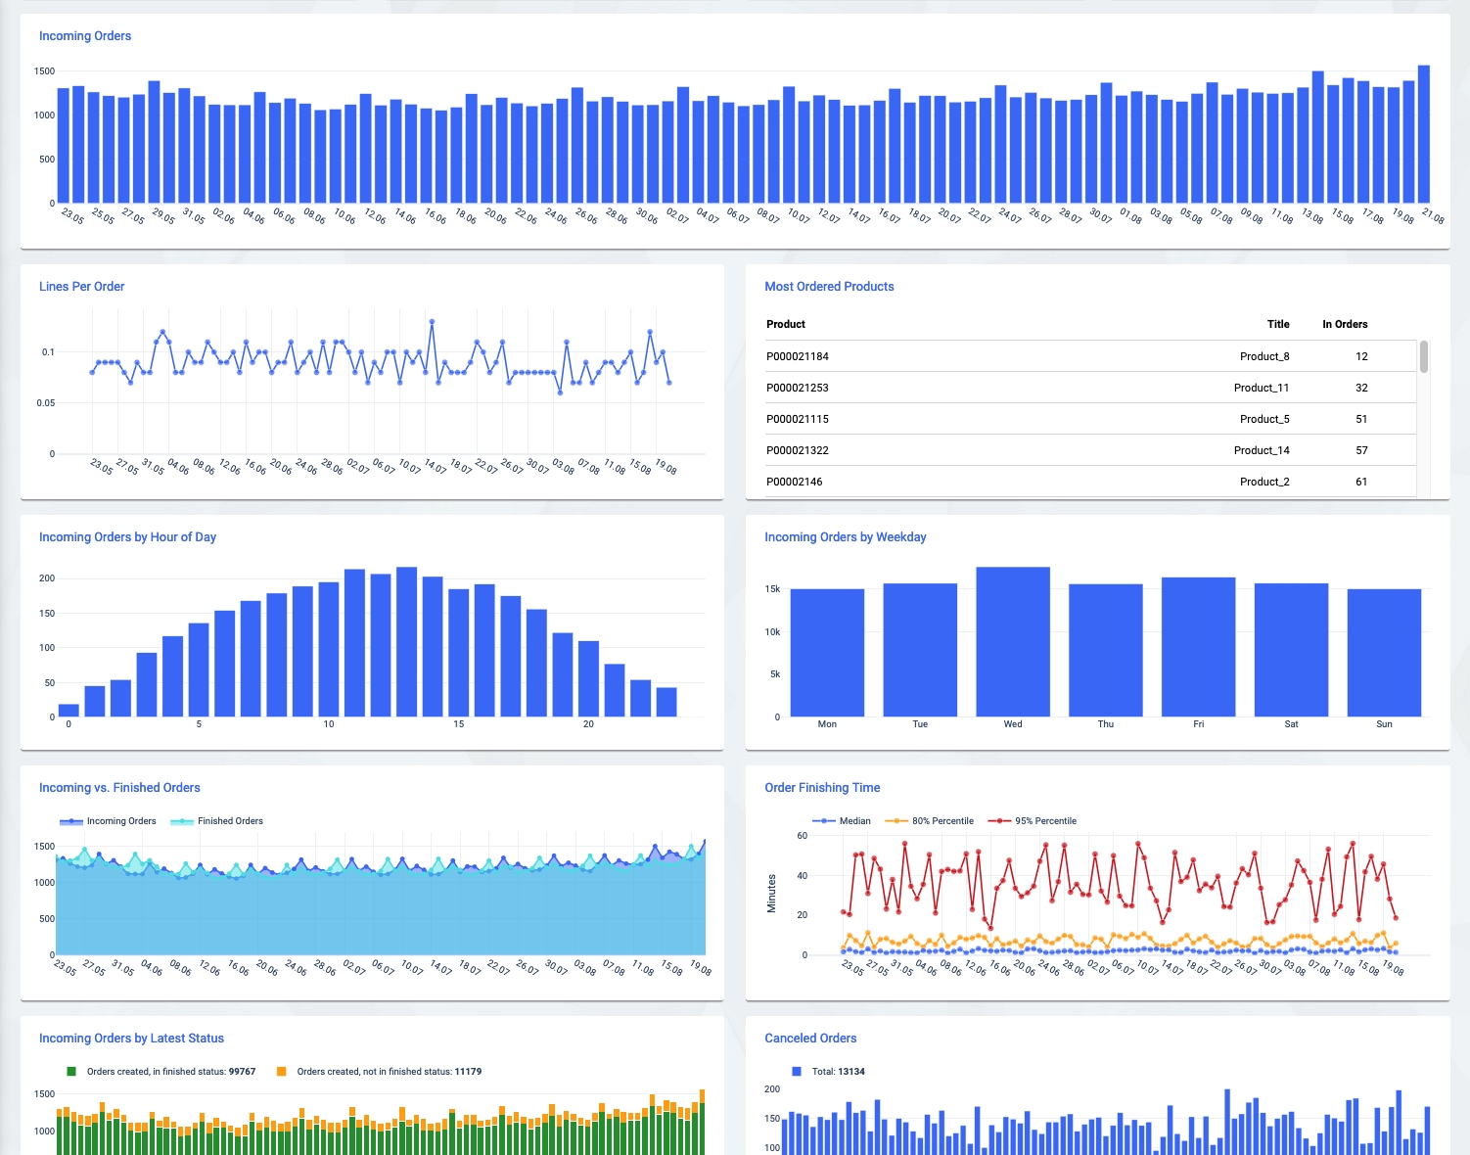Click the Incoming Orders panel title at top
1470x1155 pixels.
coord(85,36)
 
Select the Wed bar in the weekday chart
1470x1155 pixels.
coord(1013,642)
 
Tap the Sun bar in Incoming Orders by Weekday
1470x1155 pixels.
coord(1384,653)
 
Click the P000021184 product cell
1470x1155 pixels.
coord(798,356)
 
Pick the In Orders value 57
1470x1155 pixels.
coord(1361,450)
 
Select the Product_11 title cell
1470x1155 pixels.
coord(1262,388)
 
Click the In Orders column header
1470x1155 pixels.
coord(1345,324)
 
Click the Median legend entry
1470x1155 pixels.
coord(854,821)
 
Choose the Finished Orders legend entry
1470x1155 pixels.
coord(229,821)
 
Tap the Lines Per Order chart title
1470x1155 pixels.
coord(82,287)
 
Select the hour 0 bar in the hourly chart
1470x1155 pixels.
coord(69,711)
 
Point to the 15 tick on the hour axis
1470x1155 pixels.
coord(458,724)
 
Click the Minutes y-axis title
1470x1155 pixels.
coord(771,894)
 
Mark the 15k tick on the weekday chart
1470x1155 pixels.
coord(772,589)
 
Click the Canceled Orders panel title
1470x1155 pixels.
coord(810,1039)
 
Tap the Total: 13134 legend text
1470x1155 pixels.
coord(838,1072)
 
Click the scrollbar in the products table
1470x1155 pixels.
coord(1424,356)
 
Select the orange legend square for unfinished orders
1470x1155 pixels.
coord(282,1072)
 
